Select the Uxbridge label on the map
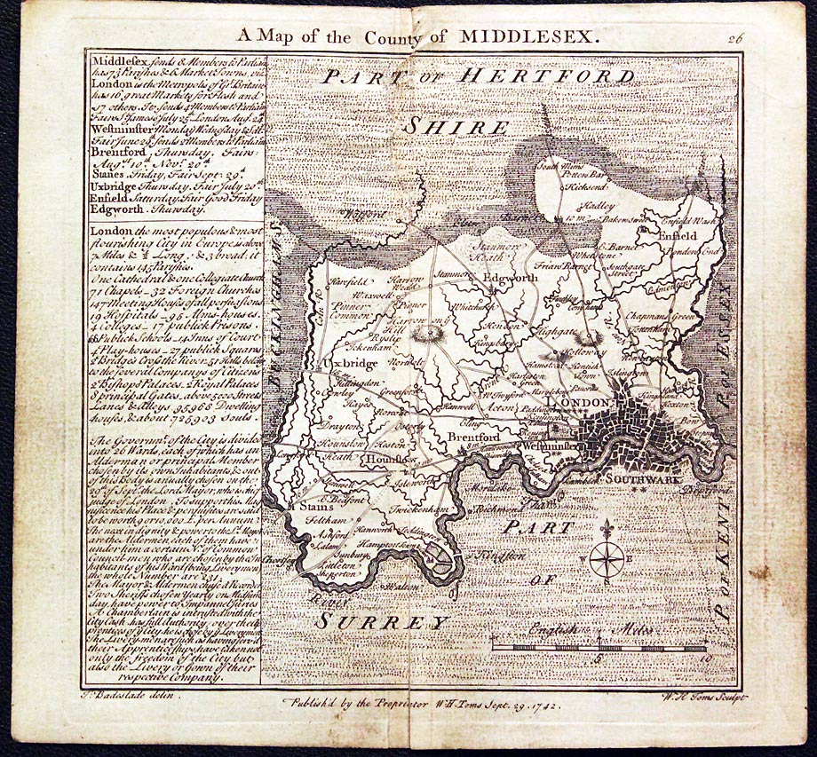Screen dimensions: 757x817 343,364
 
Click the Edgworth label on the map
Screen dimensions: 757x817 511,278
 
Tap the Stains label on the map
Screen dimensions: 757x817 305,507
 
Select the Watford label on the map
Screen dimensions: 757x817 363,214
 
